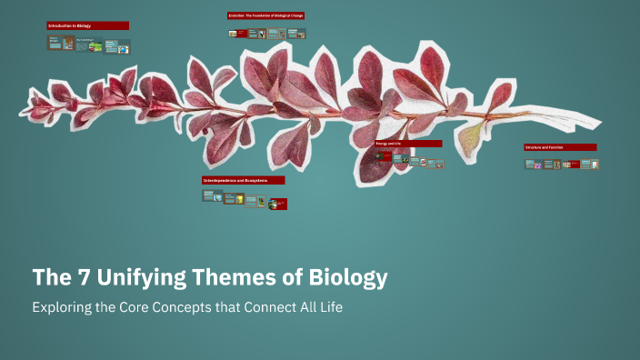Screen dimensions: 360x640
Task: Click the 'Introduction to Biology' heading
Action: click(87, 25)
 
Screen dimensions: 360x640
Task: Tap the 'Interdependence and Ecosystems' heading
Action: click(243, 180)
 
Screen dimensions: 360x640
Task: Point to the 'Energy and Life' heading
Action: click(408, 143)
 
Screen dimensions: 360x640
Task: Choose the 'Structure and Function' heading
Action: click(559, 146)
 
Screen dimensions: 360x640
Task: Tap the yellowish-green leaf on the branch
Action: click(471, 137)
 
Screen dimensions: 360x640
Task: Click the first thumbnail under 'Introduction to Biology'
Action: click(55, 42)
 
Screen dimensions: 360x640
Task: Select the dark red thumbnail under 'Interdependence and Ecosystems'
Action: click(278, 204)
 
